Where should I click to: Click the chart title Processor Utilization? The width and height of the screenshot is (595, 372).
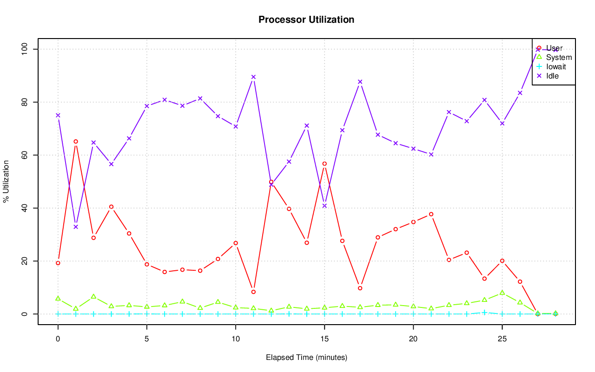(x=306, y=20)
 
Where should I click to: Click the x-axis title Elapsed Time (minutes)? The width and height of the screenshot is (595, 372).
(x=306, y=358)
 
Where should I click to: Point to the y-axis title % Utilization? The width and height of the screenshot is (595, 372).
(x=6, y=181)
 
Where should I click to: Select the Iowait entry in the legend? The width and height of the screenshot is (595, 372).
(x=556, y=66)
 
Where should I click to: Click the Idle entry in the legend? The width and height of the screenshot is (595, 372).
(x=552, y=76)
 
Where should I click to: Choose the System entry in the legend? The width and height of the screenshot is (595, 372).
(x=559, y=58)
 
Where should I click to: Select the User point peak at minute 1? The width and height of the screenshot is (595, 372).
(x=76, y=141)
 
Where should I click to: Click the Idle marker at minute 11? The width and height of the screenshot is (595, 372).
(x=253, y=77)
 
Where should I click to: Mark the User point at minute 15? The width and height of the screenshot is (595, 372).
(x=324, y=163)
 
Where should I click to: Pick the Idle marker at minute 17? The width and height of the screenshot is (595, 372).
(x=360, y=82)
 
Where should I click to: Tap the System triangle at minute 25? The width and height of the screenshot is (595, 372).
(x=502, y=293)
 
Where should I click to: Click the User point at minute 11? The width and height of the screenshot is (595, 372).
(x=253, y=292)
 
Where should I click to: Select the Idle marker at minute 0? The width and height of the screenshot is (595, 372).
(x=58, y=115)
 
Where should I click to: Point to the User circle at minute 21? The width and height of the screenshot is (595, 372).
(x=431, y=214)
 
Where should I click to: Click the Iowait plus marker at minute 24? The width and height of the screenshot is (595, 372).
(x=484, y=313)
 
